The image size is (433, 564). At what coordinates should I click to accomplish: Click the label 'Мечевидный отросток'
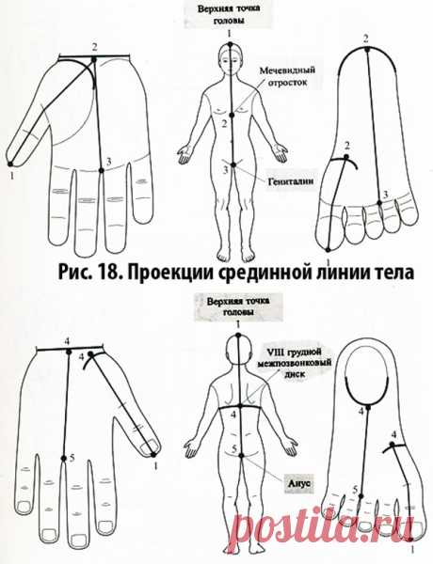click(x=287, y=74)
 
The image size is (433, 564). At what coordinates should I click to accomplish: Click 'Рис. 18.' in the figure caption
click(x=90, y=274)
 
